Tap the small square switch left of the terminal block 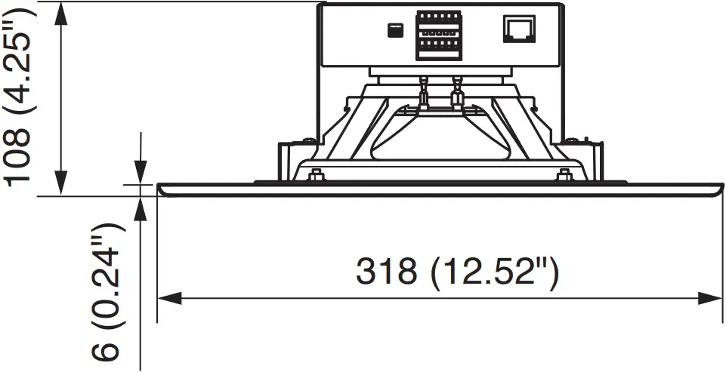[393, 30]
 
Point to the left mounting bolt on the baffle [316, 177]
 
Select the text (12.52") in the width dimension [496, 272]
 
